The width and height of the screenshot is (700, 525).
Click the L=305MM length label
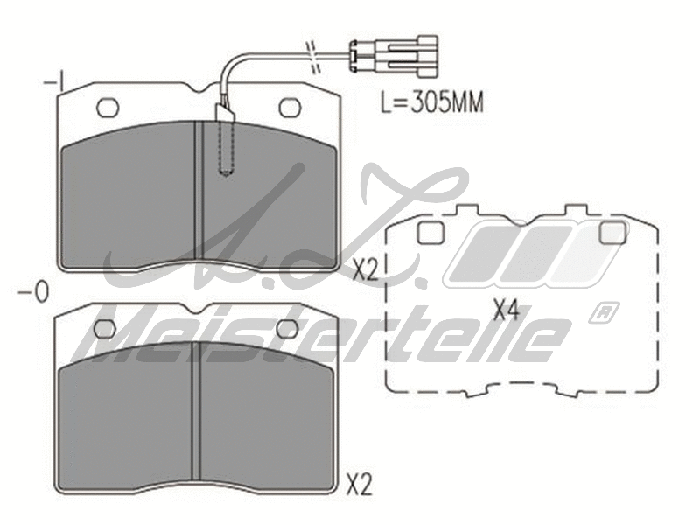click(x=431, y=102)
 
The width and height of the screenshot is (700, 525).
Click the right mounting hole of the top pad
click(x=290, y=108)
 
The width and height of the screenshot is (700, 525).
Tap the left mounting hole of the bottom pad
click(x=105, y=328)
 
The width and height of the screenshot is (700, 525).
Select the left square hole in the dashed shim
click(x=430, y=233)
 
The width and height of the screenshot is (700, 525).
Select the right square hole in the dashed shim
click(x=612, y=233)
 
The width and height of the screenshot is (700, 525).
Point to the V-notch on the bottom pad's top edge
click(x=197, y=313)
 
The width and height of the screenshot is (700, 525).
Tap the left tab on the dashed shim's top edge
click(x=467, y=211)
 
